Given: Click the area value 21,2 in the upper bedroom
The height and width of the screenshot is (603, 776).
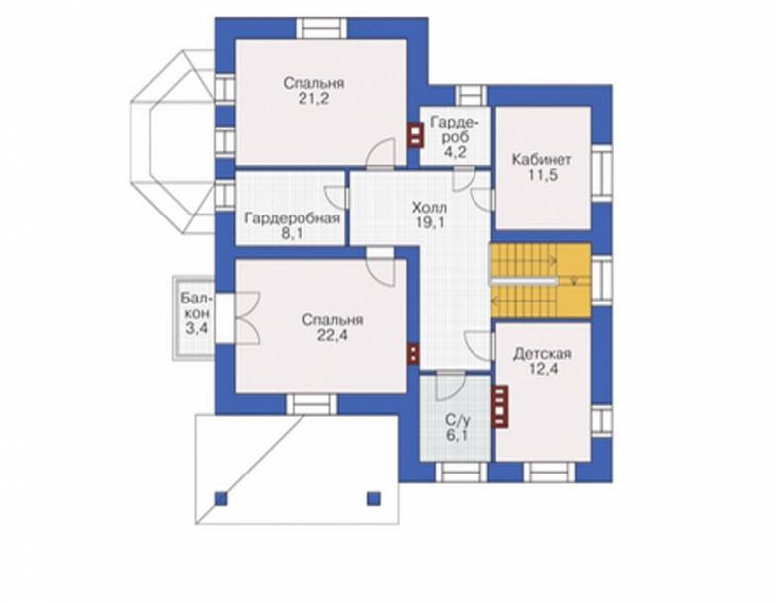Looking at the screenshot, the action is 313,99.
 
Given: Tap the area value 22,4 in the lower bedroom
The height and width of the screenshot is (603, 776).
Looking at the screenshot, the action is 332,336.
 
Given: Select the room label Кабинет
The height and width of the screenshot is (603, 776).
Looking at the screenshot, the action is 542,160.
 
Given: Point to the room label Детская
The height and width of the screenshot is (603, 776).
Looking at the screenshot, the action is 543,354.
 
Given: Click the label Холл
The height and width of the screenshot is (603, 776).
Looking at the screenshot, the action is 430,207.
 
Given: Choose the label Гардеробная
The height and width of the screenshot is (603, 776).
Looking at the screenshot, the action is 293,218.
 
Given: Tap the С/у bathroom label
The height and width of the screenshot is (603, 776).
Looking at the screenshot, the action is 458,421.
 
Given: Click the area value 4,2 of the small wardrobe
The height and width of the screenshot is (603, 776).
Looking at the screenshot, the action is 455,152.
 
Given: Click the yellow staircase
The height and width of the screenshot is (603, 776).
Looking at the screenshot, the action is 542,280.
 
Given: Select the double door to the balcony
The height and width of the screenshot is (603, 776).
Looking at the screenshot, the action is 246,317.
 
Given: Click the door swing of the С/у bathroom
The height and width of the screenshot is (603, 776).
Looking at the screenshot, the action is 451,386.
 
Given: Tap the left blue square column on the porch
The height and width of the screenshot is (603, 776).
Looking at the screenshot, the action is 221,498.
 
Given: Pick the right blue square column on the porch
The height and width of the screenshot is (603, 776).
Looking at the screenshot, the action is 373,498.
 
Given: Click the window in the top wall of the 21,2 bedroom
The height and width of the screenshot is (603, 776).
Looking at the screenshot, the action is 321,29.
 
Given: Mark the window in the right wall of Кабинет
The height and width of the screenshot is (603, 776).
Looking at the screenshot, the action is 602,173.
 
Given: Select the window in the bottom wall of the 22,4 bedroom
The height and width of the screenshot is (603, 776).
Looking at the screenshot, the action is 311,404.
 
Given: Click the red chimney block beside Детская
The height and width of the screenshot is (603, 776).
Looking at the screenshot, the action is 500,406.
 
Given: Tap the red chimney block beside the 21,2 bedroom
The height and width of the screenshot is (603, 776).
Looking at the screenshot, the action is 415,135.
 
